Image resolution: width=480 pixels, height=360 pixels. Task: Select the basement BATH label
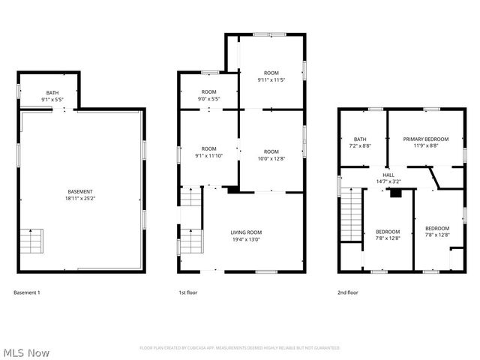(52, 93)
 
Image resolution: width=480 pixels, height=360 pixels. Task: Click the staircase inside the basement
(31, 242)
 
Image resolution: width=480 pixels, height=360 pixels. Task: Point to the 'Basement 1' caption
(27, 292)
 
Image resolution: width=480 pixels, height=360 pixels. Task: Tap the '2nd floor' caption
(347, 292)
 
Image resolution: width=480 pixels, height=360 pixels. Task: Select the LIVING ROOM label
(246, 232)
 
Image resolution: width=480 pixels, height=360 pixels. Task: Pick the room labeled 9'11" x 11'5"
(271, 76)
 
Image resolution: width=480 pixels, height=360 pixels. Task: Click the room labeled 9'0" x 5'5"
(208, 95)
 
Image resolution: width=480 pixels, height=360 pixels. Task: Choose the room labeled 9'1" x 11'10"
(208, 152)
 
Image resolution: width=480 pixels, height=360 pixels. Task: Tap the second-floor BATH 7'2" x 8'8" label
(360, 142)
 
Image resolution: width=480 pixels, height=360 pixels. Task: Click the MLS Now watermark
(26, 352)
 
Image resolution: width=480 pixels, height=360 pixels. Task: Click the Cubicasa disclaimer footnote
(240, 348)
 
